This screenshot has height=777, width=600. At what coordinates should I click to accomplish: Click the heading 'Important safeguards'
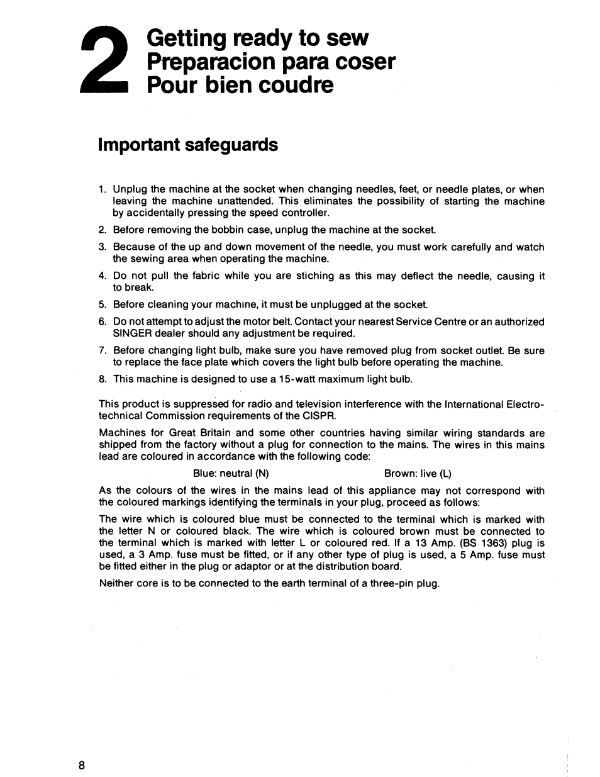click(x=187, y=145)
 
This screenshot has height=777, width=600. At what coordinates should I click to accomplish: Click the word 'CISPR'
click(x=320, y=416)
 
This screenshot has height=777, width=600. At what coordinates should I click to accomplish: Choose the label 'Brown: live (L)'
click(x=418, y=474)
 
